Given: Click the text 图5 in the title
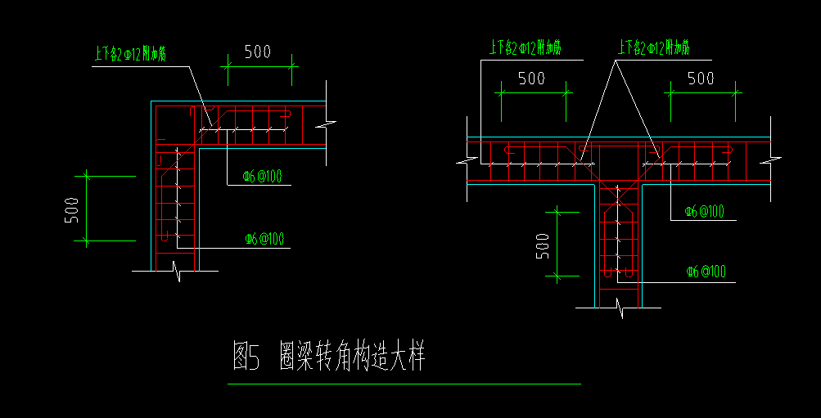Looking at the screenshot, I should pos(246,357).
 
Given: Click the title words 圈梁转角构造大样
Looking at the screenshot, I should pos(352,357).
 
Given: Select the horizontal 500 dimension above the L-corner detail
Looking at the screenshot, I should pos(257,52).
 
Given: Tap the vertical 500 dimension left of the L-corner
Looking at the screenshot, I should pos(71,209).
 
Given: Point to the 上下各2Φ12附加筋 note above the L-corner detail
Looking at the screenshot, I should pos(131,55).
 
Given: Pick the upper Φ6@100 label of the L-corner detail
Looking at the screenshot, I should pos(263,176).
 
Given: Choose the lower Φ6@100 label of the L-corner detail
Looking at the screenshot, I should pos(264,239).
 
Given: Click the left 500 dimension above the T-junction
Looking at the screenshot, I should pos(531,79).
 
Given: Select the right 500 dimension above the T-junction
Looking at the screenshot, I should pos(700,79).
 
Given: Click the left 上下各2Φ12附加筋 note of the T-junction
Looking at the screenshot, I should pos(525,47).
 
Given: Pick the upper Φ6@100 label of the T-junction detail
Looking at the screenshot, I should pos(705,211).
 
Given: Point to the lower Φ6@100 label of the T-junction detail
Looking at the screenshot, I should pos(706,272).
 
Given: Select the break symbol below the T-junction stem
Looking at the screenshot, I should pos(621,308).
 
